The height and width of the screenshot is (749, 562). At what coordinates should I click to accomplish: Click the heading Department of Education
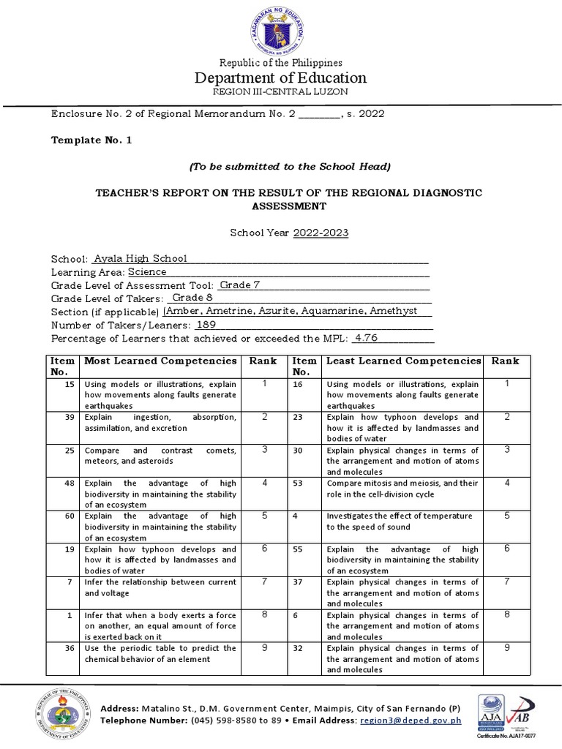pos(280,78)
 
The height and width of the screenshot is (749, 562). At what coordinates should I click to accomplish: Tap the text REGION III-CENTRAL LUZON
pos(280,91)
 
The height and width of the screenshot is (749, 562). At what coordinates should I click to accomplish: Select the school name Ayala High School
pos(140,258)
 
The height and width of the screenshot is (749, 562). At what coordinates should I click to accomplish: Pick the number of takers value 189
pos(206,324)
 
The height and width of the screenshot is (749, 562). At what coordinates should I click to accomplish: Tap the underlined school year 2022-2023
pos(321,233)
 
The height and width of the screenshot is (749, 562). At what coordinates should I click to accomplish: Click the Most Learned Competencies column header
pos(160,361)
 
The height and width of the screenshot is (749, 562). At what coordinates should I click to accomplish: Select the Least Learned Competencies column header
pos(403,361)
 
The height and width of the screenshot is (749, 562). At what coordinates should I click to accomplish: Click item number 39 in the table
pos(70,417)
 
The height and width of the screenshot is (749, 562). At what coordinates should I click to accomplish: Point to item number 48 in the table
pos(70,483)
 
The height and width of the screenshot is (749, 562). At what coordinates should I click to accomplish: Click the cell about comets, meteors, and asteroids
pos(160,456)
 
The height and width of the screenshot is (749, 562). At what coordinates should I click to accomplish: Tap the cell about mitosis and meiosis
pos(402,489)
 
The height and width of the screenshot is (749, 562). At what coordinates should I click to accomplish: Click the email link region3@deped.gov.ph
pos(411,720)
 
